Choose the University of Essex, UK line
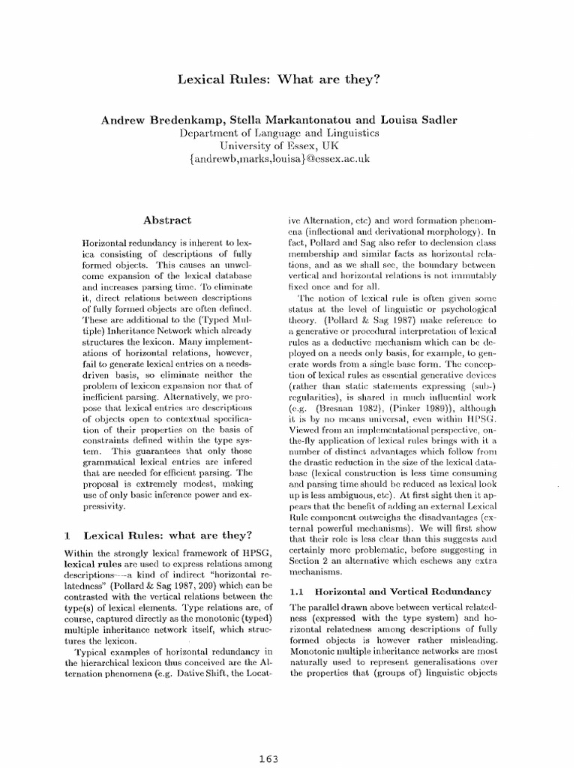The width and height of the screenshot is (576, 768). coord(287,146)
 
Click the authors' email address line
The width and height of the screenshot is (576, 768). coord(287,160)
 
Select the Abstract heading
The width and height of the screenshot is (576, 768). coord(167,220)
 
